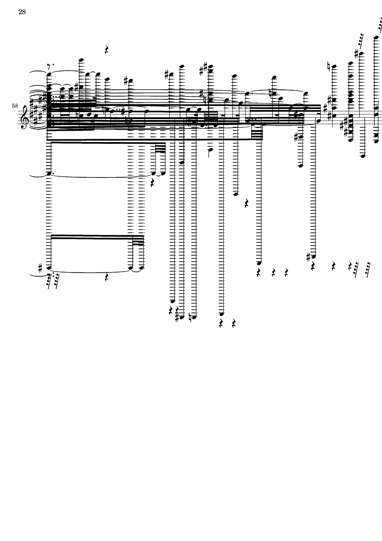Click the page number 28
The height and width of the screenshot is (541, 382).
pos(22,12)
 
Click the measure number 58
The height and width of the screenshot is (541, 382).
pos(15,106)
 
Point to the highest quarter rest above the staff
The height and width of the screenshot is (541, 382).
pos(107,50)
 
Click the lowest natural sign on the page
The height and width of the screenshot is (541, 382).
pos(190,317)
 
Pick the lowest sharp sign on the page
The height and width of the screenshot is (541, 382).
pos(178,317)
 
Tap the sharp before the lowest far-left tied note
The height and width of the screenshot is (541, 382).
pos(41,268)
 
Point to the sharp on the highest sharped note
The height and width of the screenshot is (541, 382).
pos(357,54)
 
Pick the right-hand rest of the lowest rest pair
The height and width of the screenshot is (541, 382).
pos(234,323)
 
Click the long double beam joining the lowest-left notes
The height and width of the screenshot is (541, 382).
pos(92,237)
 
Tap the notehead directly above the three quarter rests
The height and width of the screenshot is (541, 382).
pos(259,263)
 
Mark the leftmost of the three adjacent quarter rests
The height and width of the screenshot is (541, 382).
pos(259,273)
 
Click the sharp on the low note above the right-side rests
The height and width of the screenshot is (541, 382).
pos(309,257)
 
